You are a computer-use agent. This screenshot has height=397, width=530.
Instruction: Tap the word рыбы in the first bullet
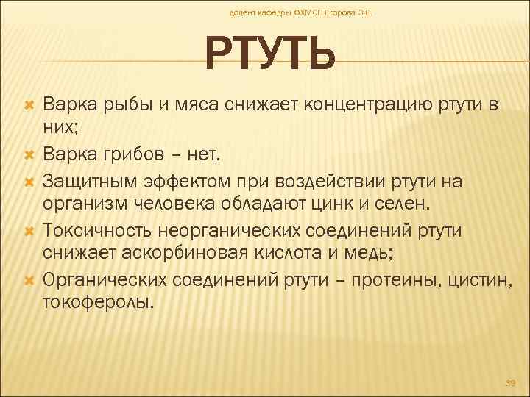click(x=119, y=106)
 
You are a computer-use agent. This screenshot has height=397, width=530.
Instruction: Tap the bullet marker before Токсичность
click(x=30, y=231)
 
